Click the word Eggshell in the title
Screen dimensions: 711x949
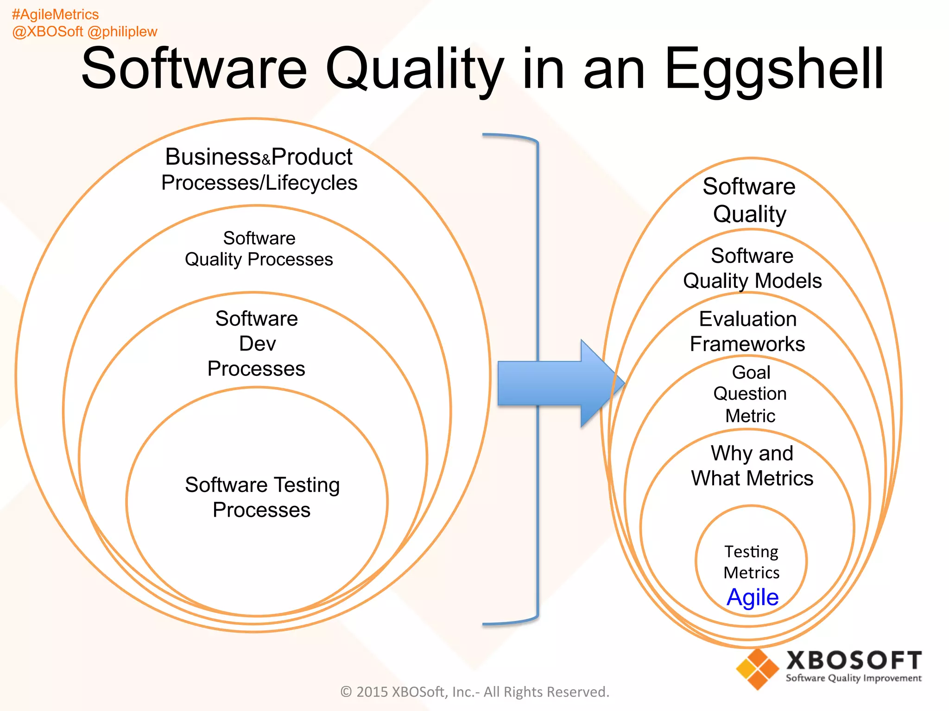[774, 69]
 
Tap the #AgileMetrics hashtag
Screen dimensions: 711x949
[55, 14]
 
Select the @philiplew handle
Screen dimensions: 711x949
[122, 31]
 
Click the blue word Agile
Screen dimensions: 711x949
[752, 597]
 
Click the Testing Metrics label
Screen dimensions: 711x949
[751, 562]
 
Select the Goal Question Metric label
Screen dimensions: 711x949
[750, 393]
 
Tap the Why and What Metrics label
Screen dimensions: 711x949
[752, 466]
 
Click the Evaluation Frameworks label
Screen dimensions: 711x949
[747, 331]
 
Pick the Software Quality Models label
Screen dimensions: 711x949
[752, 268]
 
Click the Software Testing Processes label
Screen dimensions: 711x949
[262, 497]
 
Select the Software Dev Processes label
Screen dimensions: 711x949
[256, 343]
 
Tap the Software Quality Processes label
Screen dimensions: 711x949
[259, 249]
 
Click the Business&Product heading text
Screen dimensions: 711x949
[259, 157]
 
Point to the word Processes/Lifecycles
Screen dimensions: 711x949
[259, 183]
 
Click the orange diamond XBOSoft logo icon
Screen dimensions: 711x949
[757, 669]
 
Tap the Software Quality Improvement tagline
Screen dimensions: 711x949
[853, 678]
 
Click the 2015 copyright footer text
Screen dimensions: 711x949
[474, 692]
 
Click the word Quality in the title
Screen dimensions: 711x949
[415, 69]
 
